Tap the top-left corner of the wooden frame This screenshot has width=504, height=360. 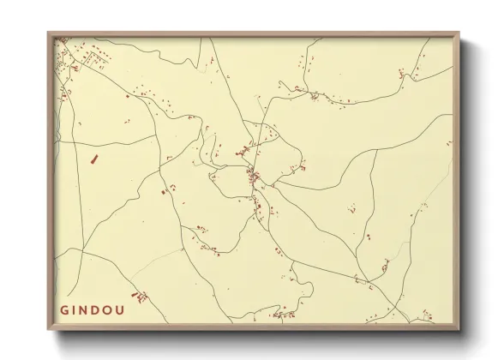click(x=49, y=33)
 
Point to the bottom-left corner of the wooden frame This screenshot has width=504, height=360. click(x=49, y=329)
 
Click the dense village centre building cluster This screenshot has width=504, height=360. click(x=254, y=177)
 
